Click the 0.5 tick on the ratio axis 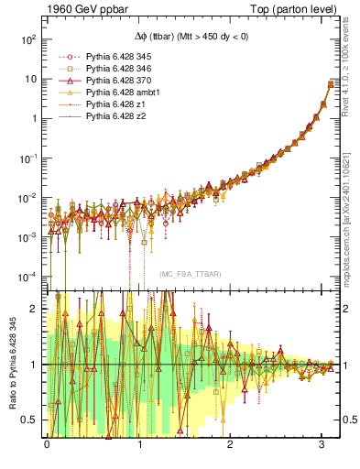(x=33, y=420)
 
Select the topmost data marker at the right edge (x=332, y=85)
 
